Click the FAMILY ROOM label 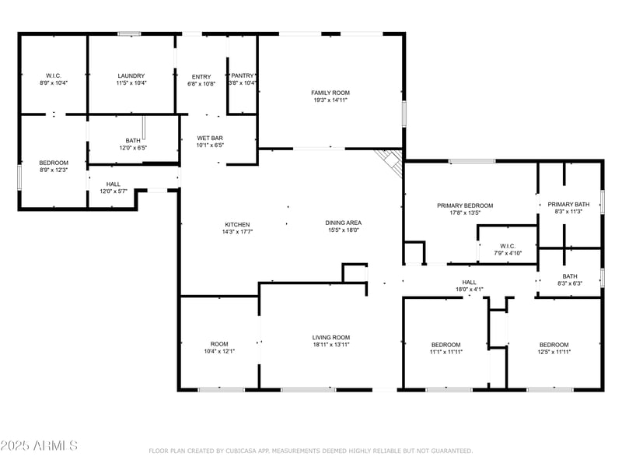(330, 93)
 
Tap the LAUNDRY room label (131, 75)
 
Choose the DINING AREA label (343, 223)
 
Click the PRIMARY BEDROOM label (464, 205)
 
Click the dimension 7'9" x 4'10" (508, 253)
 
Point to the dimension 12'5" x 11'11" (554, 352)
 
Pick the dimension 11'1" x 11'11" (446, 352)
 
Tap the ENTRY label (201, 76)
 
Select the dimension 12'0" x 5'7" (114, 191)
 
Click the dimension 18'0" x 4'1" (469, 290)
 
